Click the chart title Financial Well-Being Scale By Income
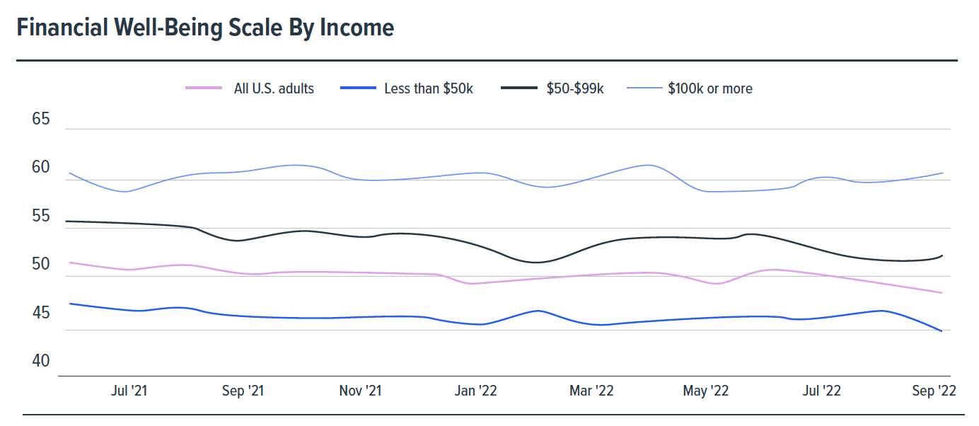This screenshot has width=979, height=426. pyautogui.click(x=205, y=28)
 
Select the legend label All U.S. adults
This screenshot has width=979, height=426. pyautogui.click(x=274, y=88)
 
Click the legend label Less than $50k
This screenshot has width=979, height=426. pyautogui.click(x=429, y=88)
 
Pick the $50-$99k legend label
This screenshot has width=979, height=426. pyautogui.click(x=575, y=88)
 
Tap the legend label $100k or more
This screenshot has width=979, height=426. pyautogui.click(x=709, y=88)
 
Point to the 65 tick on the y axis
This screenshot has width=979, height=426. pyautogui.click(x=41, y=119)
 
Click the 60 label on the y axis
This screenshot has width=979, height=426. pyautogui.click(x=41, y=168)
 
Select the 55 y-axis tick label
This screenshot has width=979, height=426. pyautogui.click(x=41, y=217)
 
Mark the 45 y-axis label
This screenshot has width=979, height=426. pyautogui.click(x=41, y=313)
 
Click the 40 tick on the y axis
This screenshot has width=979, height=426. pyautogui.click(x=41, y=362)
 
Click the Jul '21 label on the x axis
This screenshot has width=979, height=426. pyautogui.click(x=129, y=391)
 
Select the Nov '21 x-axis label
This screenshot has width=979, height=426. pyautogui.click(x=360, y=391)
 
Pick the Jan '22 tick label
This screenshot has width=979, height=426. pyautogui.click(x=475, y=391)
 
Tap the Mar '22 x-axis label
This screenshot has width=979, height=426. pyautogui.click(x=591, y=391)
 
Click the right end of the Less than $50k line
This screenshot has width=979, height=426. pyautogui.click(x=942, y=331)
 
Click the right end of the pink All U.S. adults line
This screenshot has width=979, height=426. pyautogui.click(x=942, y=293)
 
